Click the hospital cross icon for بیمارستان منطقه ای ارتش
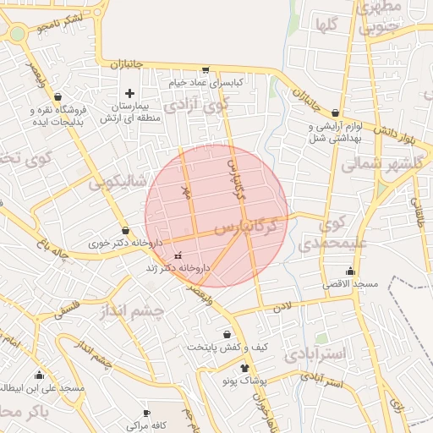[x=129, y=92]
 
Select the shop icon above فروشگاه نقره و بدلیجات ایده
[x=58, y=97]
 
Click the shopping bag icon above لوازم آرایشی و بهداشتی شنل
[x=336, y=112]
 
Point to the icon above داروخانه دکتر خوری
[x=126, y=229]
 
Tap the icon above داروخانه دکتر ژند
[x=178, y=255]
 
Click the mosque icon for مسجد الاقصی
[x=350, y=271]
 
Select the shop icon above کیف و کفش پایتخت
[x=227, y=334]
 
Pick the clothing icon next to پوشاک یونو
[x=245, y=368]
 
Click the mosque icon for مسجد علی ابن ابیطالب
[x=38, y=375]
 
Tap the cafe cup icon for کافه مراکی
[x=146, y=412]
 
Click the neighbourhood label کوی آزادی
[x=197, y=107]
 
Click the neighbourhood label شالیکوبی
[x=118, y=181]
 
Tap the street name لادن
[x=281, y=306]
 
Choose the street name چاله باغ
[x=52, y=250]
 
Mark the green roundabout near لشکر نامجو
[x=17, y=34]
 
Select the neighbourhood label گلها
[x=326, y=25]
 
